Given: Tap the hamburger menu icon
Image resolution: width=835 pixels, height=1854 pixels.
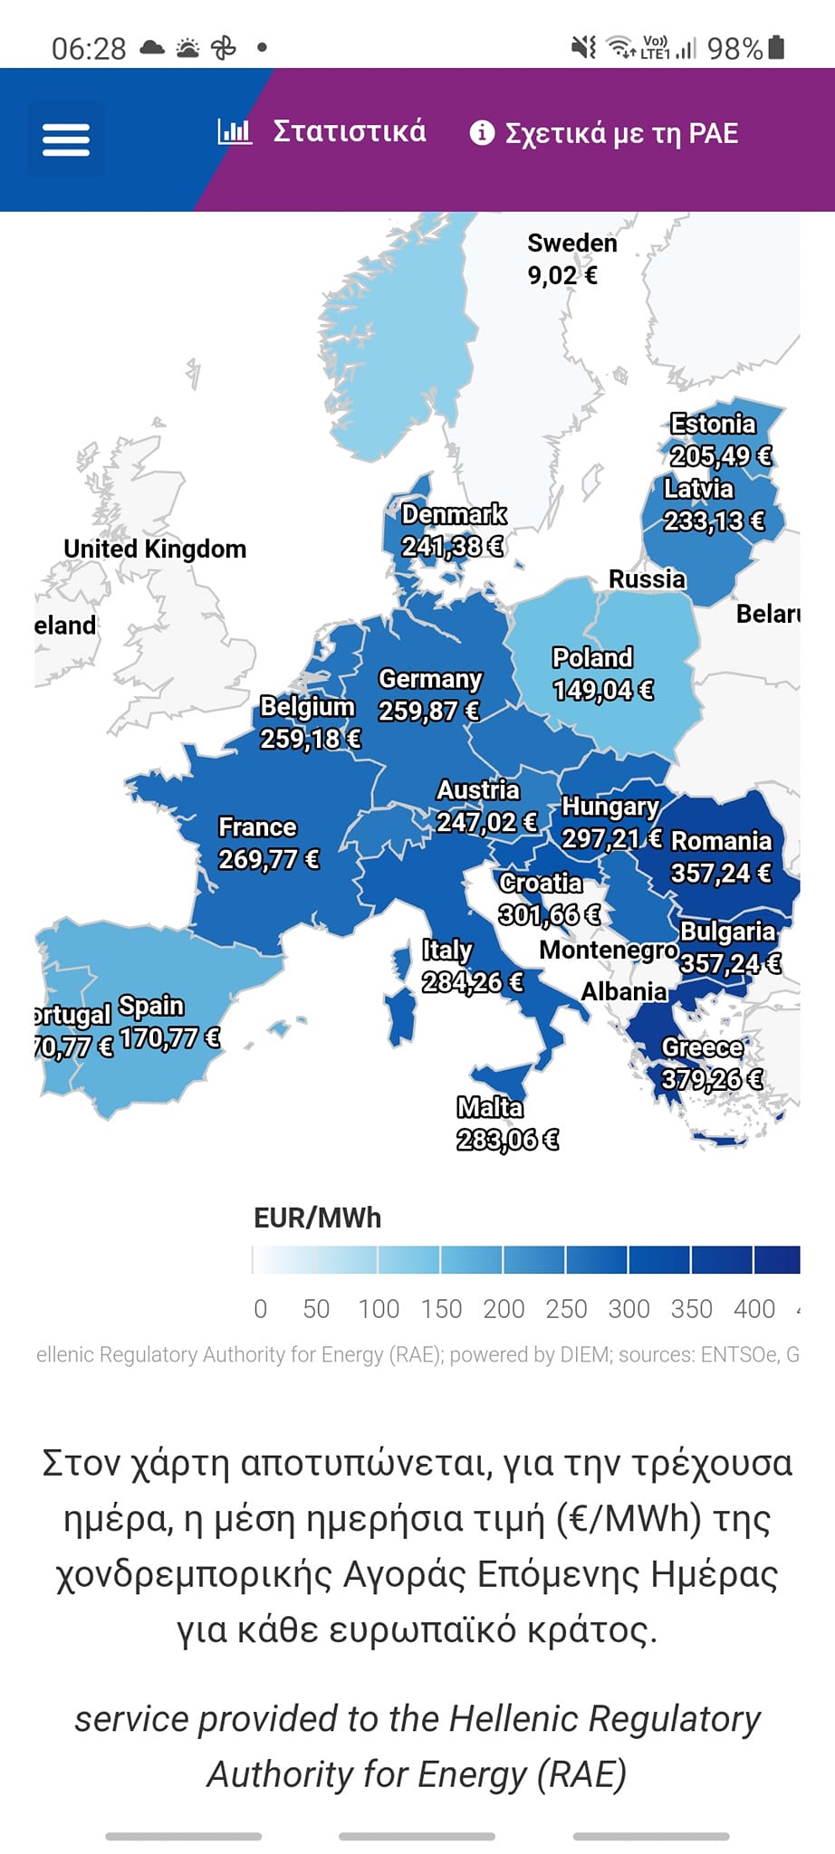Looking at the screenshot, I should point(66,139).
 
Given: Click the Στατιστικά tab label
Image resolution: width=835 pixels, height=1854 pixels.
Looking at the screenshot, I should point(350,131).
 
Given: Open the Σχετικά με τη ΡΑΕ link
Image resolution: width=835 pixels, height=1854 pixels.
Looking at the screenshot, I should point(621,133).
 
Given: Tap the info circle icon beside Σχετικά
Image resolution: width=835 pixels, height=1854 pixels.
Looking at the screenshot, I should point(482,133).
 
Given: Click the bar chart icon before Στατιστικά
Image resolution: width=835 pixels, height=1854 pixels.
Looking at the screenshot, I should point(234,131).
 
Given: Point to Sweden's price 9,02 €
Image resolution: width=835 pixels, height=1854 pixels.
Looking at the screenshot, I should point(562,275).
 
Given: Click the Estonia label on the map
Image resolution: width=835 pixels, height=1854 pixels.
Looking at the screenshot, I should point(713,424).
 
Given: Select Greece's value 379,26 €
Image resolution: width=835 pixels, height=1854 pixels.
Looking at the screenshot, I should point(712,1079).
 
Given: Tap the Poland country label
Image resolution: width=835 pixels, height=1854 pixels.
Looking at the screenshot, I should point(592,657).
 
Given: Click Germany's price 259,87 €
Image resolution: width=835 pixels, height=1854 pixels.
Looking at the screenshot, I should point(428,711).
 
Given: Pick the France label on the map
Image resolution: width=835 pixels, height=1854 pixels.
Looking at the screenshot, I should point(257,827).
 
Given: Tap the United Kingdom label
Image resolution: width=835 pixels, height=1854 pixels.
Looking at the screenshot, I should point(155,549).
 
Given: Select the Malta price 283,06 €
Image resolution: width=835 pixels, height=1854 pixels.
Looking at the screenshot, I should point(507,1139).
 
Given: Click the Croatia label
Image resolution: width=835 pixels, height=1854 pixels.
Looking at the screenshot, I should point(541,883).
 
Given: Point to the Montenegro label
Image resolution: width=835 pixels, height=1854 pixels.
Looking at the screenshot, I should point(608,950).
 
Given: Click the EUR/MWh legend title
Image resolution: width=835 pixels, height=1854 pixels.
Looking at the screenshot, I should point(317,1218).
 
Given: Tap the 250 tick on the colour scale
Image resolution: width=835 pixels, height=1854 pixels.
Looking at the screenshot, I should point(566,1308).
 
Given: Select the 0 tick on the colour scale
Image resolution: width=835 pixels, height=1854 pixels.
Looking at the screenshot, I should point(261,1308).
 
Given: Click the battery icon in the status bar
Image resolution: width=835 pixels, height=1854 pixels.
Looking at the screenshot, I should point(776,47).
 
